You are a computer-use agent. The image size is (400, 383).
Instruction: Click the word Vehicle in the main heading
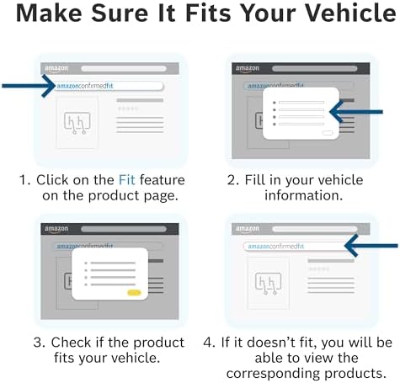click(350, 13)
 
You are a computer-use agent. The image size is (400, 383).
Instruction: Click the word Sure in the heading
click(120, 13)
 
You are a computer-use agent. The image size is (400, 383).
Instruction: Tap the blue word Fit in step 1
click(127, 180)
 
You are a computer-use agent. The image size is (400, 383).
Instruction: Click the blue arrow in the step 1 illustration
click(29, 86)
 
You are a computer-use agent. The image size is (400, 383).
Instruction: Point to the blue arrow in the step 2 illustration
click(356, 112)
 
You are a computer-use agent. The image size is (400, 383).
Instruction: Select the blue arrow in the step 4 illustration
click(371, 246)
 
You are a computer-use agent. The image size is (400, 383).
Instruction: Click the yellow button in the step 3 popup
click(134, 293)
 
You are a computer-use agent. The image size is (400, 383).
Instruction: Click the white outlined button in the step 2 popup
click(328, 133)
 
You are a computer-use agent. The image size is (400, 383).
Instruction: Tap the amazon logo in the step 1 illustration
click(56, 69)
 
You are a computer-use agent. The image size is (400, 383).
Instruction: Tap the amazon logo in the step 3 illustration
click(56, 229)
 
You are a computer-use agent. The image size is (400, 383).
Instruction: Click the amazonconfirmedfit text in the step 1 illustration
click(85, 86)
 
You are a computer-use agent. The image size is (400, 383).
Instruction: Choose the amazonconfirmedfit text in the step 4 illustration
click(275, 247)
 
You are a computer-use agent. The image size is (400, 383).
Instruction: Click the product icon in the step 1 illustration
click(77, 123)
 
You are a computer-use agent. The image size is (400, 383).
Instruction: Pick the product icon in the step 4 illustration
click(268, 283)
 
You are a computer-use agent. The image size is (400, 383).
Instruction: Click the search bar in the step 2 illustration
click(315, 69)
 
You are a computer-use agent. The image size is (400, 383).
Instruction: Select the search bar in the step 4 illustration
click(315, 229)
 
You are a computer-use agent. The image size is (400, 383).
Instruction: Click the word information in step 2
click(303, 195)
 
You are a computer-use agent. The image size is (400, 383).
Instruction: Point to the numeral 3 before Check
click(39, 343)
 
